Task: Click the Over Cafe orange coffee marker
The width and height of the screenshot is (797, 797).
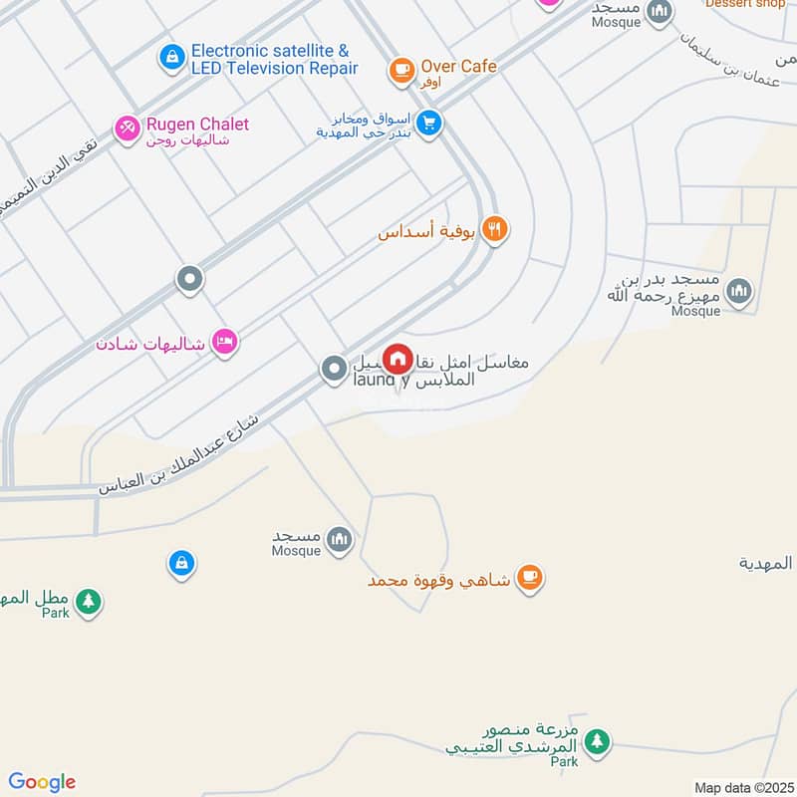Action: click(x=401, y=69)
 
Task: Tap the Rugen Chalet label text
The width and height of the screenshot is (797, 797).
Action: click(x=197, y=125)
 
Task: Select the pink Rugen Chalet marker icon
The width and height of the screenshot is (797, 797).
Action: click(x=127, y=129)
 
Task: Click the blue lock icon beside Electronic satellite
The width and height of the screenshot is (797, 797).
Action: click(x=171, y=57)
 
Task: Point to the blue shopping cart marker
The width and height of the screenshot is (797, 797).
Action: click(x=429, y=124)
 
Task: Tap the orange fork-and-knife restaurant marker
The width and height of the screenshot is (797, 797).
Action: click(x=494, y=230)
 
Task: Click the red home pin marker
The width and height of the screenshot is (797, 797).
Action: click(x=398, y=359)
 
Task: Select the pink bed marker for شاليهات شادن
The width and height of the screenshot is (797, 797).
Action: click(x=226, y=343)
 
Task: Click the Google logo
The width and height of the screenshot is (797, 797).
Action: click(x=42, y=782)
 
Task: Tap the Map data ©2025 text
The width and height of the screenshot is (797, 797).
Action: click(x=741, y=787)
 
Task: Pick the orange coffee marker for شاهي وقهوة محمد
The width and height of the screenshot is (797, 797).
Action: click(x=529, y=577)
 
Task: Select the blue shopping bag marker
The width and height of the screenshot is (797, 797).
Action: click(x=180, y=564)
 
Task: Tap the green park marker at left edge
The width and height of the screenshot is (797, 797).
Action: click(x=89, y=601)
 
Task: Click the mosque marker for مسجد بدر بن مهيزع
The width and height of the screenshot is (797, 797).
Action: click(x=738, y=291)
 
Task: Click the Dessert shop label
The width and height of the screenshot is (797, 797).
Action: click(x=745, y=4)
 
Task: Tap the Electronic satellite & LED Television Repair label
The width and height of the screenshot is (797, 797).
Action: click(x=273, y=59)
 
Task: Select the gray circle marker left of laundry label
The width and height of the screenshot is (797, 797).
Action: click(x=334, y=370)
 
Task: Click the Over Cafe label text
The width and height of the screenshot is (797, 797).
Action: click(x=458, y=67)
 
